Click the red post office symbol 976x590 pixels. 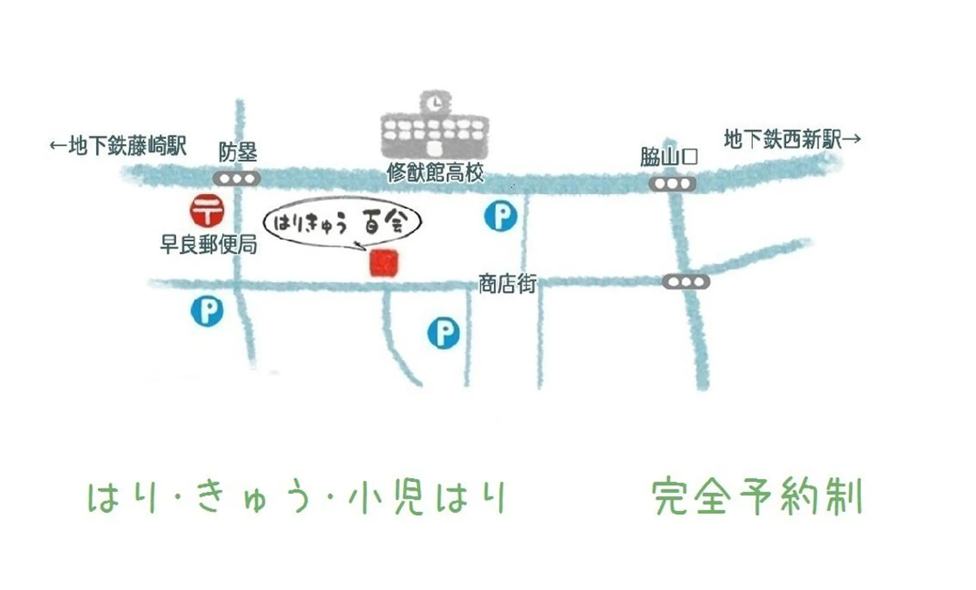tap(207, 211)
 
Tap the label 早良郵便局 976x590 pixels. tap(208, 244)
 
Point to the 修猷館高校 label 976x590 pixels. tap(435, 173)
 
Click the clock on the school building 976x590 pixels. tap(435, 104)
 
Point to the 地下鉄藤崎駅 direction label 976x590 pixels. tap(118, 146)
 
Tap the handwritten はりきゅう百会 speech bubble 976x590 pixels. tap(342, 223)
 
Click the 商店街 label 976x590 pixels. tap(507, 284)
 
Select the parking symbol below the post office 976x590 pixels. tap(207, 312)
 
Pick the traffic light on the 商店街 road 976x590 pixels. tap(686, 282)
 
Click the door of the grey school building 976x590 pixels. tap(435, 149)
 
